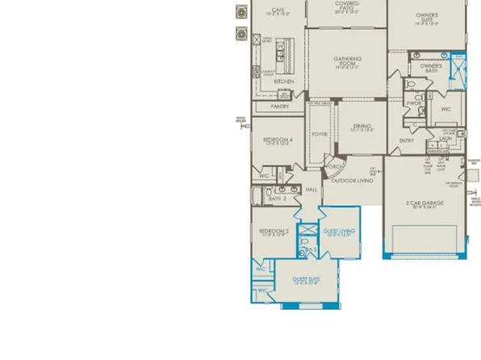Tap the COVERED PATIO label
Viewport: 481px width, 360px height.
pos(347,3)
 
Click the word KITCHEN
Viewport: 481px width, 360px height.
pos(283,82)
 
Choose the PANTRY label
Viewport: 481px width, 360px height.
pos(280,106)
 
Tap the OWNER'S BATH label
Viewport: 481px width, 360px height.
pos(431,68)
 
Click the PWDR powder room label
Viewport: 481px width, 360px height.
pos(414,103)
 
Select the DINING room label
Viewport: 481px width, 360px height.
pos(361,125)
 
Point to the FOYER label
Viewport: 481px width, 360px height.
pos(320,134)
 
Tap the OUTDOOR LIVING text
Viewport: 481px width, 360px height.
pos(352,181)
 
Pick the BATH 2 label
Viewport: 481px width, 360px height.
pos(278,198)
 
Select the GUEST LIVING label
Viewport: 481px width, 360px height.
pos(339,231)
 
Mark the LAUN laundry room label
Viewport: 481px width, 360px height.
pos(445,138)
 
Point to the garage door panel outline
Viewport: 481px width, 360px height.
pos(425,239)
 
